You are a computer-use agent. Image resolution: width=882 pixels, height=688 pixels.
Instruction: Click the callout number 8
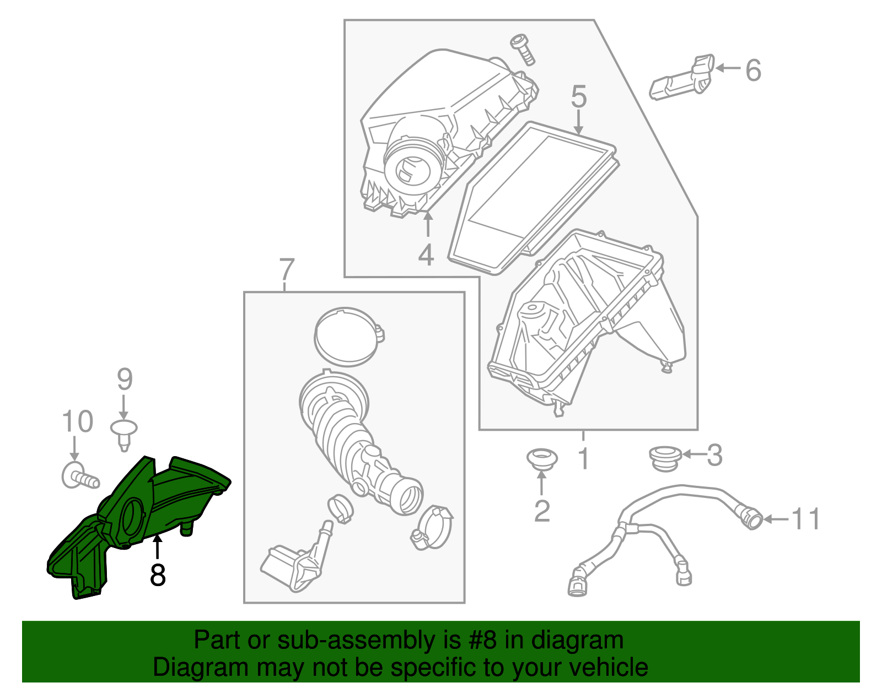tap(158, 575)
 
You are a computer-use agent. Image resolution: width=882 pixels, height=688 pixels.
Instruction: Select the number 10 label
tap(77, 422)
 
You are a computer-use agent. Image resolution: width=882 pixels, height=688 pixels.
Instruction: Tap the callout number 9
tap(125, 380)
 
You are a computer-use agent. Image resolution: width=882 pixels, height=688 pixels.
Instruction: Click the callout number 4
tap(426, 256)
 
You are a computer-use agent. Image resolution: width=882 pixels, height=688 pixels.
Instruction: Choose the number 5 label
tap(578, 97)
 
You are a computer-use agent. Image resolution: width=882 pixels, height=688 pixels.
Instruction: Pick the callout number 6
tap(753, 71)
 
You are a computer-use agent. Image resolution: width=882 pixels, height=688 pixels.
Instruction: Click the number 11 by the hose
tap(806, 519)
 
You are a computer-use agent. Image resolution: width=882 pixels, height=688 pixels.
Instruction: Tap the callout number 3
tap(714, 455)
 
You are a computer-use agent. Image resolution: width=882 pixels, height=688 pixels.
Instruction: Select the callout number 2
tap(542, 511)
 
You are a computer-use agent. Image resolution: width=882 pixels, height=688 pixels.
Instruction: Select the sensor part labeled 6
tap(681, 78)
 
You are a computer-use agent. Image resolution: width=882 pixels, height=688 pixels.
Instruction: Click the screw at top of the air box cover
tap(523, 48)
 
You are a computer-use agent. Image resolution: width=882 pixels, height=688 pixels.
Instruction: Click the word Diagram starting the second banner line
tap(186, 668)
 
